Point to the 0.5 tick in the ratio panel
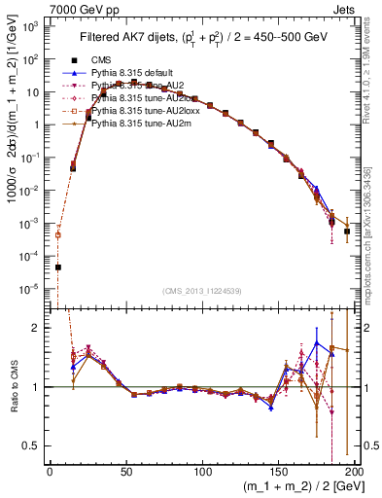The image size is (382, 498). click(34, 445)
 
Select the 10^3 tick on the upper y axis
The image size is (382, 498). click(32, 26)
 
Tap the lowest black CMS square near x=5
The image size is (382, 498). click(57, 267)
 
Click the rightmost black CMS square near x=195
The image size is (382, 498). click(347, 231)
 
